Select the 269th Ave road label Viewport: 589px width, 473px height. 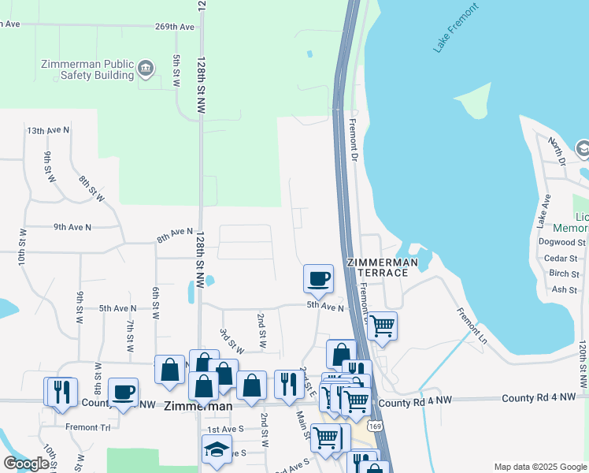(x=175, y=27)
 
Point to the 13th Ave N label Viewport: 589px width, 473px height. (x=48, y=130)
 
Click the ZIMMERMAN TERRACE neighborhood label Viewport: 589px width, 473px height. (x=378, y=266)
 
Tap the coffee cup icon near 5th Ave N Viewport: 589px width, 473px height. (x=319, y=279)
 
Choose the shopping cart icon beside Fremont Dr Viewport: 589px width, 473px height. (x=382, y=325)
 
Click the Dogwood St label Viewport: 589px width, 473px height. (x=565, y=243)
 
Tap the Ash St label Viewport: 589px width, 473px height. (x=565, y=289)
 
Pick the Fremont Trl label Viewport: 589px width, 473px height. (x=82, y=426)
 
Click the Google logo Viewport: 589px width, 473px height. (x=26, y=464)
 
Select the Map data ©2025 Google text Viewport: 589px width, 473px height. (x=539, y=467)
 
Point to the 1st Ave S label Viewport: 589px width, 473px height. (x=224, y=430)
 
